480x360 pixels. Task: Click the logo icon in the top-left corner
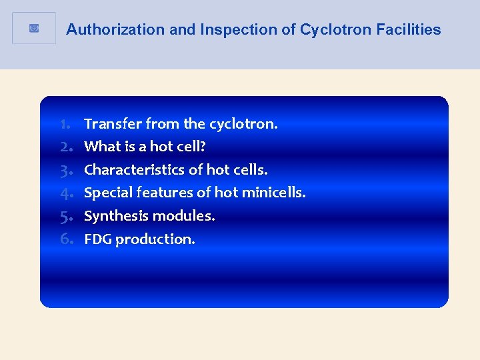pyautogui.click(x=34, y=28)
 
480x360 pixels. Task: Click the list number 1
pyautogui.click(x=65, y=124)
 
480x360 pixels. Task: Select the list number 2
pyautogui.click(x=65, y=147)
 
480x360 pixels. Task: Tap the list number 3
pyautogui.click(x=65, y=170)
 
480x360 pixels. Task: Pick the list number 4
pyautogui.click(x=65, y=193)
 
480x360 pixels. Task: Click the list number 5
pyautogui.click(x=65, y=216)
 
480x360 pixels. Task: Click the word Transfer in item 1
pyautogui.click(x=113, y=124)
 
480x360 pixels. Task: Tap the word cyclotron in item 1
pyautogui.click(x=243, y=124)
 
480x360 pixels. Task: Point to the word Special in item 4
pyautogui.click(x=108, y=193)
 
